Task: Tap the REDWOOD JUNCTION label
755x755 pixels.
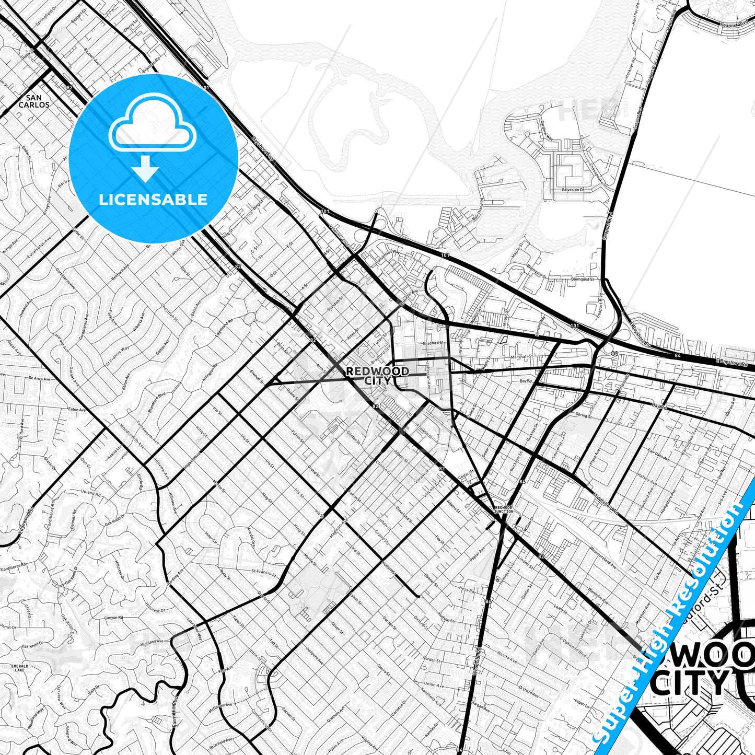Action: coord(504,509)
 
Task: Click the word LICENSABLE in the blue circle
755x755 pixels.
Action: coord(154,199)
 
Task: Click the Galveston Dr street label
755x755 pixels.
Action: coord(569,190)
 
